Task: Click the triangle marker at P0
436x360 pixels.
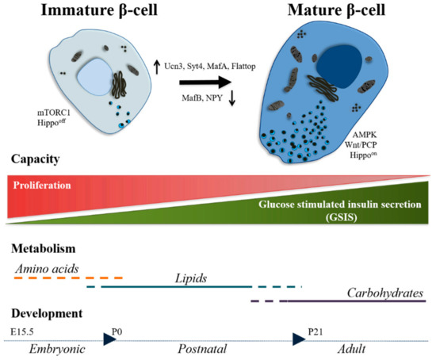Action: click(x=109, y=339)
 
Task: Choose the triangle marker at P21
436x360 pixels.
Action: click(x=299, y=339)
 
